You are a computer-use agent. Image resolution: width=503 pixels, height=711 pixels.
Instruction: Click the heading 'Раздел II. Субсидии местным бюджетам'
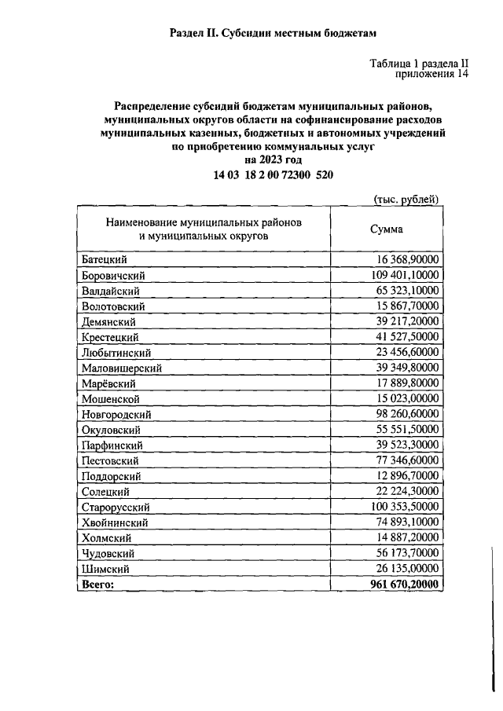point(274,33)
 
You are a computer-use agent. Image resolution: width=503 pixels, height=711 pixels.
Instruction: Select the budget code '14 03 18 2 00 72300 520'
point(274,174)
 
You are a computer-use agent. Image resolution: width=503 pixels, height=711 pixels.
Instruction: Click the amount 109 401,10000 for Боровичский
point(405,275)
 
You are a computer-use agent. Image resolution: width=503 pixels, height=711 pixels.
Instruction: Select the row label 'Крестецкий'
point(110,337)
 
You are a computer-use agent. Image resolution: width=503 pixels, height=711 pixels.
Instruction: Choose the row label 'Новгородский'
point(116,414)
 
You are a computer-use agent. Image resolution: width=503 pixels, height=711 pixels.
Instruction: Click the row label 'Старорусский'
point(116,508)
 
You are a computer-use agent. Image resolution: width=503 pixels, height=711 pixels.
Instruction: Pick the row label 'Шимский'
point(105,569)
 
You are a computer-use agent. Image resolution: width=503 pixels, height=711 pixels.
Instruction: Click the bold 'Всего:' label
point(97,585)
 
